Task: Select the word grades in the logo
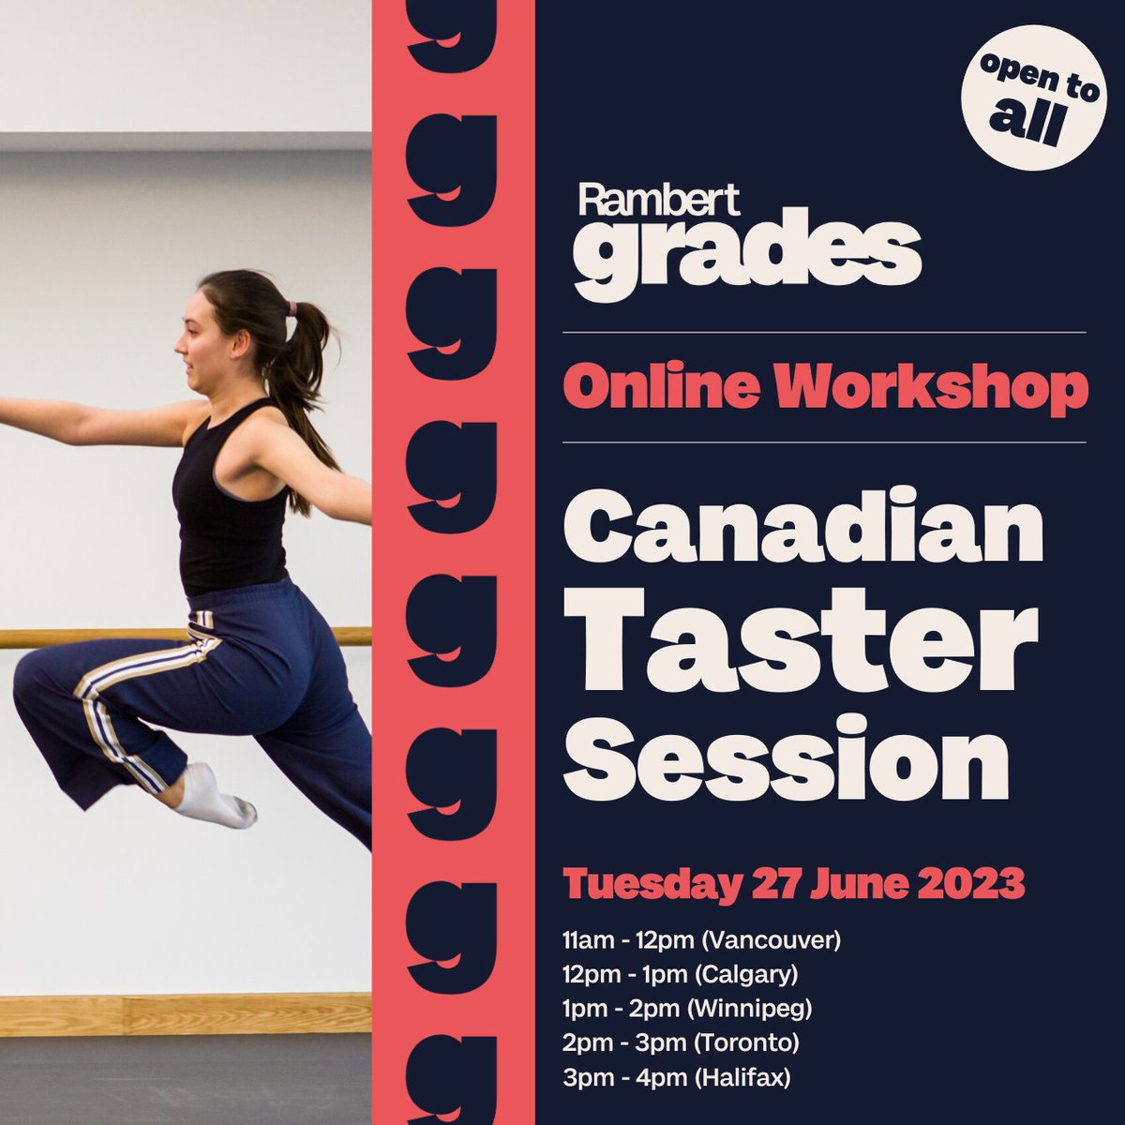pyautogui.click(x=747, y=252)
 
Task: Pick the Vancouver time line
pyautogui.click(x=701, y=939)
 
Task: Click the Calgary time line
pyautogui.click(x=681, y=974)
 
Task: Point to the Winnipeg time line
pyautogui.click(x=687, y=1009)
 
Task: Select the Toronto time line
pyautogui.click(x=682, y=1042)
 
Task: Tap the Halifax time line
pyautogui.click(x=677, y=1077)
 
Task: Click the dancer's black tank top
pyautogui.click(x=230, y=506)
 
